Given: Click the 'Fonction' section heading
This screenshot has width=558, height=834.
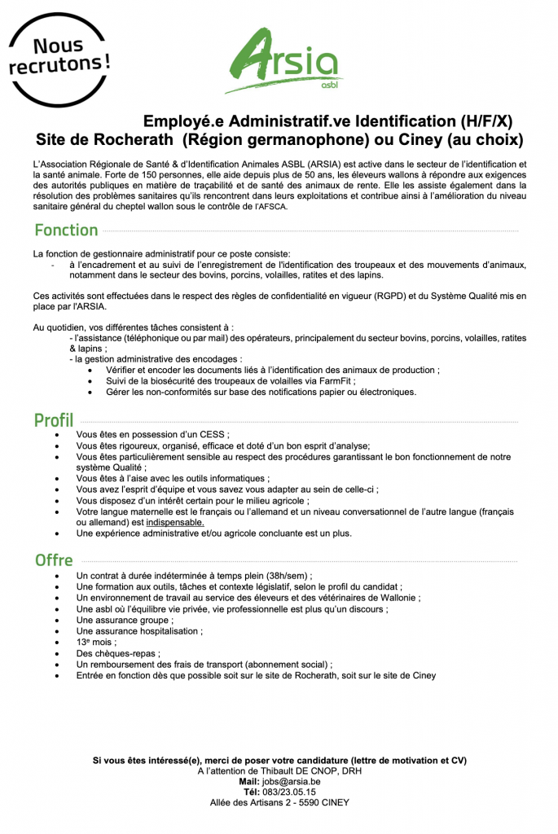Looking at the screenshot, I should coord(66,230).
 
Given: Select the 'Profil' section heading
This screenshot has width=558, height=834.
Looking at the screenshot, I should coord(54,420).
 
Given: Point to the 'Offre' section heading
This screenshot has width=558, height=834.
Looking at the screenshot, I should coord(54,560).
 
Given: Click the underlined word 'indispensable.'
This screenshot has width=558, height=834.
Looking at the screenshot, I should coord(175,522).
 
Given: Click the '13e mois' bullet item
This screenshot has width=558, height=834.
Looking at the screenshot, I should coord(96,642).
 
